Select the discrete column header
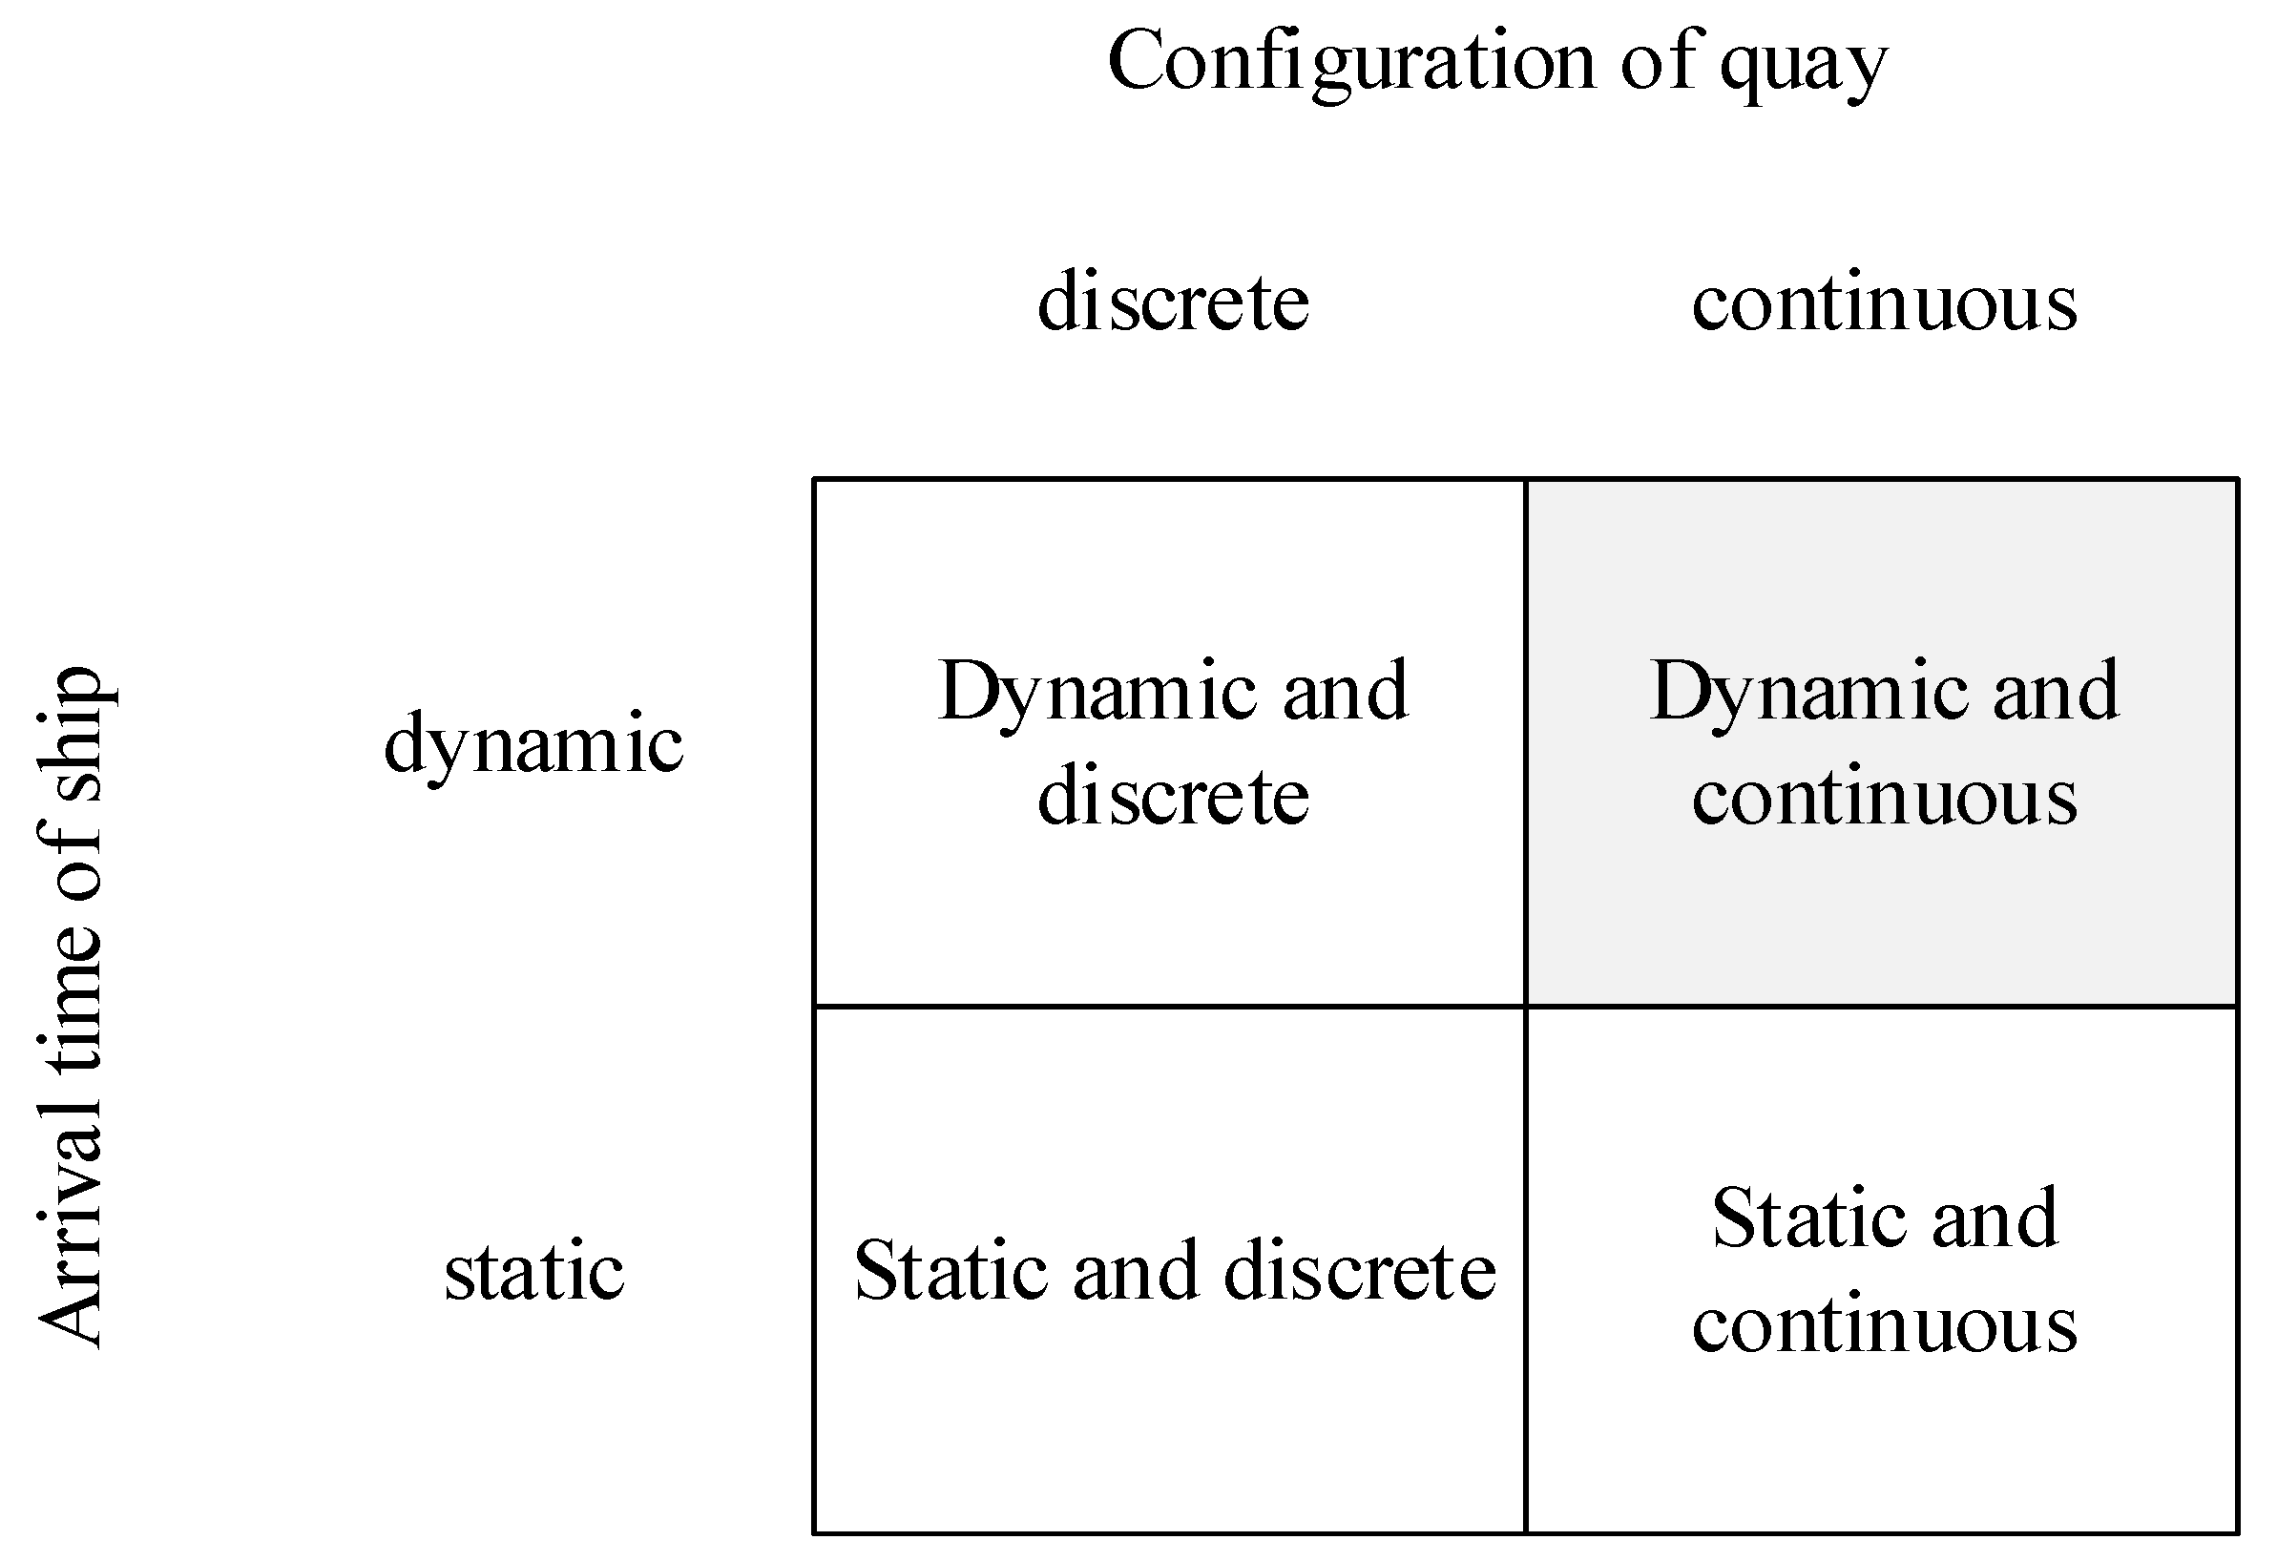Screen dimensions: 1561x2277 point(1173,301)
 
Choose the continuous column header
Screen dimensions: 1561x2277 point(1883,302)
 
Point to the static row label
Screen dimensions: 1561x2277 point(534,1271)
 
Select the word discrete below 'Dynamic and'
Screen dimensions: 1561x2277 point(1173,796)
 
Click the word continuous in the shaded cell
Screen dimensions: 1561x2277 point(1883,798)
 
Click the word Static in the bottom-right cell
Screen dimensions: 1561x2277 point(1799,1218)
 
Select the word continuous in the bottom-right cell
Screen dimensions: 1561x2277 point(1883,1323)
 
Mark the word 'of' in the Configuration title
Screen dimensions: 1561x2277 point(1657,62)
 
